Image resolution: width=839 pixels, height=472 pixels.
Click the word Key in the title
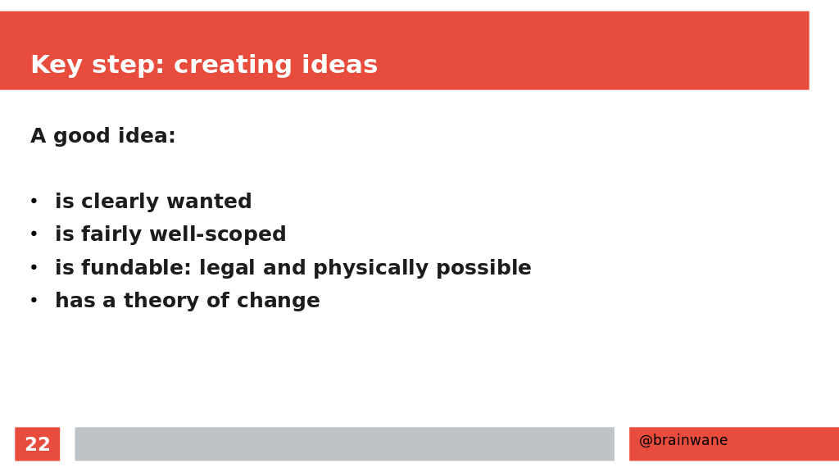click(57, 66)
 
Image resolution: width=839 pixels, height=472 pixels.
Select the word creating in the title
click(232, 66)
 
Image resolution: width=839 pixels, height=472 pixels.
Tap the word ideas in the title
click(340, 64)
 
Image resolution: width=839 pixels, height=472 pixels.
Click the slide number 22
click(38, 444)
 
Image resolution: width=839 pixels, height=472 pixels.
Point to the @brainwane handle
click(683, 440)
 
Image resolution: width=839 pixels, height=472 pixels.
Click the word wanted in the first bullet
click(209, 202)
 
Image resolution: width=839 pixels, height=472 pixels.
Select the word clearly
click(120, 202)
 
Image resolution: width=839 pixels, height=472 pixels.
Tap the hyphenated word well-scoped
click(218, 234)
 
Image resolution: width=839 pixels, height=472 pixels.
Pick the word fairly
click(111, 234)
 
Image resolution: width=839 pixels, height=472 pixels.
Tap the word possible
click(483, 268)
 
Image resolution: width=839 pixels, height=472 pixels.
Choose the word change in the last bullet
click(279, 301)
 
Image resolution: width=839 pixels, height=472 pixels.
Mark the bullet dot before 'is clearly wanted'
click(34, 202)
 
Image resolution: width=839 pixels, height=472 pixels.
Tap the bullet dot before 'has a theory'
click(34, 300)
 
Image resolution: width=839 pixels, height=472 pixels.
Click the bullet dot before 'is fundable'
click(34, 267)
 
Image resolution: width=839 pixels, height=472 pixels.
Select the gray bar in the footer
click(345, 443)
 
